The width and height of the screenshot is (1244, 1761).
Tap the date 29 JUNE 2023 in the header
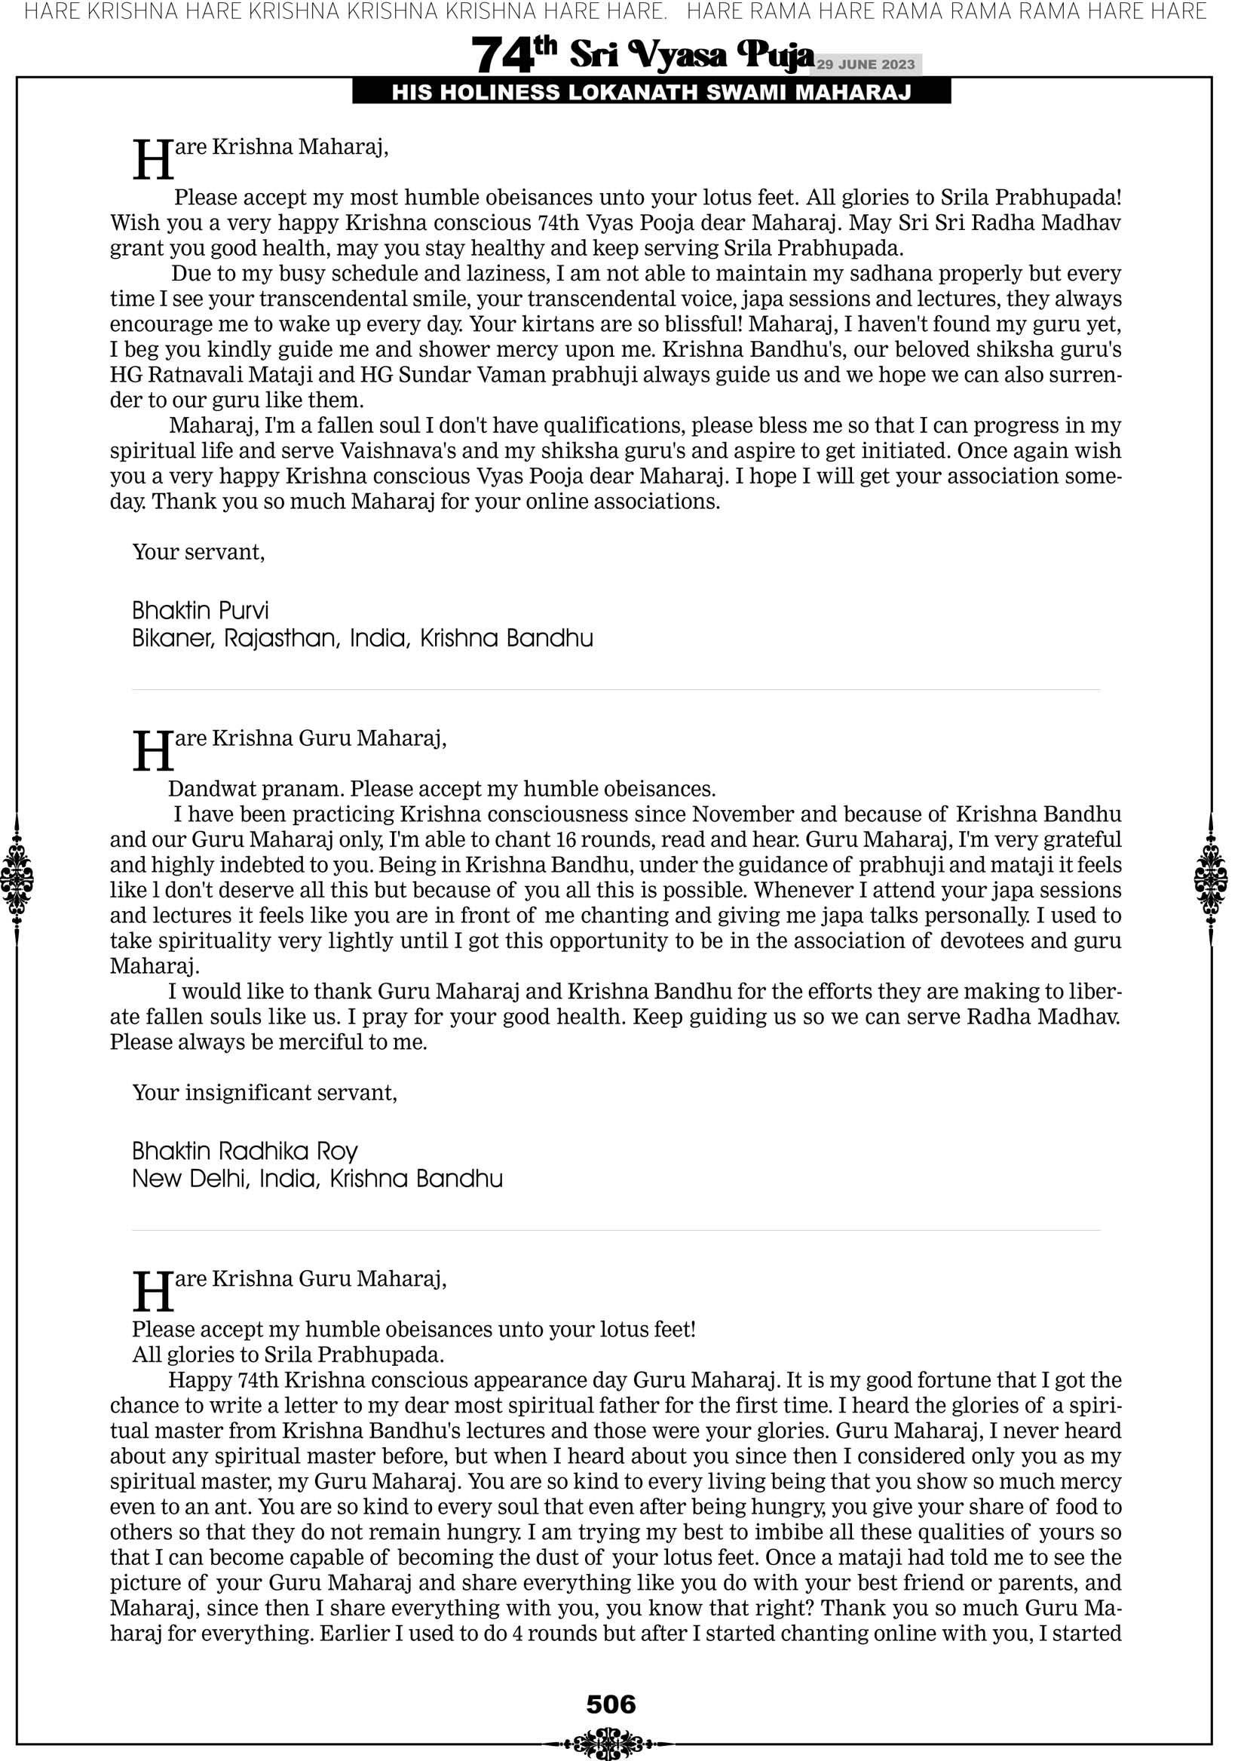(x=865, y=64)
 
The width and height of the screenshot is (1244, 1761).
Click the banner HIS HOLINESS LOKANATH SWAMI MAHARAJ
(x=651, y=93)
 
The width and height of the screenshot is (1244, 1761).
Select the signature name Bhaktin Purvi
(x=201, y=611)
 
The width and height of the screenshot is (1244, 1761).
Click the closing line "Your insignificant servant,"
(x=265, y=1092)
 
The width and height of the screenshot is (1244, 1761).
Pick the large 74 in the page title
(x=502, y=55)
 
